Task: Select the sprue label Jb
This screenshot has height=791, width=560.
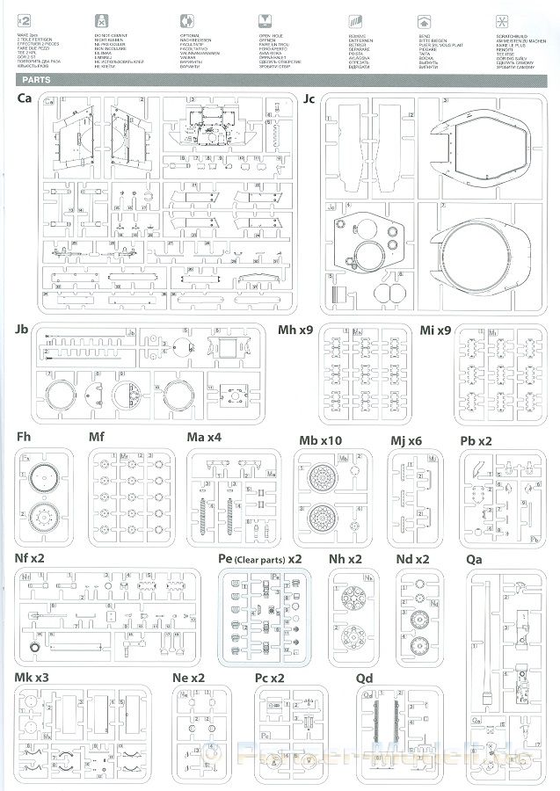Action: click(23, 330)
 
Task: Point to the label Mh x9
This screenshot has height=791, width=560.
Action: click(295, 330)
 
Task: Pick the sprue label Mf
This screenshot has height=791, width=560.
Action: click(97, 438)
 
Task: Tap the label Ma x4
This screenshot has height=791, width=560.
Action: click(204, 438)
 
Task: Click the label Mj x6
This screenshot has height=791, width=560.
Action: click(406, 438)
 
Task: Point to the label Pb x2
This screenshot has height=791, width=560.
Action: click(477, 438)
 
